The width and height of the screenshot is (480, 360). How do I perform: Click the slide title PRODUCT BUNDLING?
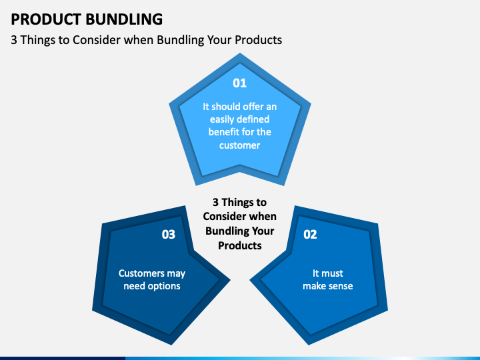[x=86, y=18]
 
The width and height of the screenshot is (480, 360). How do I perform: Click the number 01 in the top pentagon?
[x=239, y=83]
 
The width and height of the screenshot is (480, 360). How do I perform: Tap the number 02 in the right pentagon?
[x=310, y=234]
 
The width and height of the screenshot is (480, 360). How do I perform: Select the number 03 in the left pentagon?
[x=169, y=234]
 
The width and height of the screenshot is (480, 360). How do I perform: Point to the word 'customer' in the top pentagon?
[x=239, y=145]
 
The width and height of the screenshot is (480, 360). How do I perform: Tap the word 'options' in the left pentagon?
[x=164, y=286]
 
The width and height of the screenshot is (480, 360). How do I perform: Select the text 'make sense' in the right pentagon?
[x=327, y=286]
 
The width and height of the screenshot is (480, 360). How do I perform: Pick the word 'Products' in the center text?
[x=239, y=245]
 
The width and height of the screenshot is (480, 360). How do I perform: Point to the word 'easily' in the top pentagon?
[x=222, y=119]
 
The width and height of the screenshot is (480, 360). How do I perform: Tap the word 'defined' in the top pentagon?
[x=254, y=119]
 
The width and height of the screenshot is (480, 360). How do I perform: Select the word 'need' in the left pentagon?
[x=135, y=286]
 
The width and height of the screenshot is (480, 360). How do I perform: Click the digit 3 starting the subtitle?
[x=14, y=40]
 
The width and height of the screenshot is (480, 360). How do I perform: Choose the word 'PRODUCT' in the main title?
[x=46, y=18]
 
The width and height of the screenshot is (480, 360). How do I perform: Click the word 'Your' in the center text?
[x=263, y=231]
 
